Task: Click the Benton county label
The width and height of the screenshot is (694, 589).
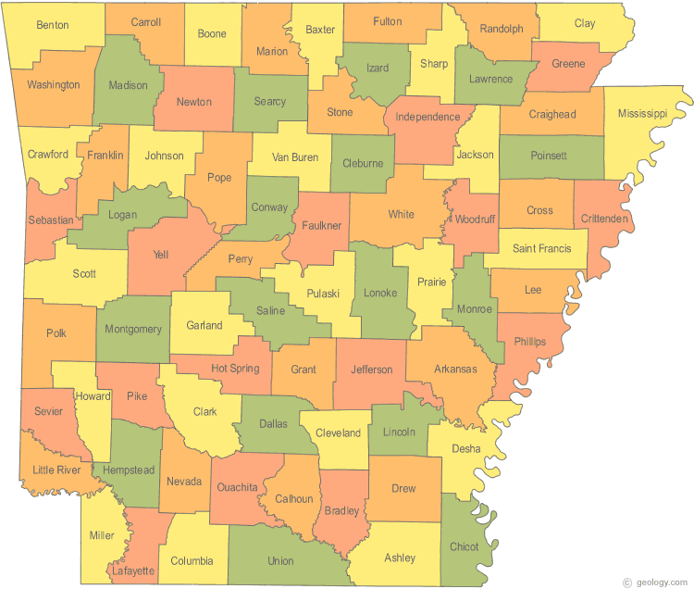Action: [52, 25]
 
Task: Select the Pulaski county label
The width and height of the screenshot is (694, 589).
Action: [323, 294]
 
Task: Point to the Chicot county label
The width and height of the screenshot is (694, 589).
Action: [464, 546]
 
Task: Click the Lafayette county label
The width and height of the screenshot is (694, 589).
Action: [132, 570]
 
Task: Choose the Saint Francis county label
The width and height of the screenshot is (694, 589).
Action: [541, 249]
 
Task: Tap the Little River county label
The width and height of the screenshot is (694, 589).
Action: [56, 470]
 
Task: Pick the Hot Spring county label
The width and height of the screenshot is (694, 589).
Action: [235, 368]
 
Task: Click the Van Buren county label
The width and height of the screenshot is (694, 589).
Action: [295, 157]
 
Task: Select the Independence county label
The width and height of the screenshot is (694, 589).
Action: [428, 117]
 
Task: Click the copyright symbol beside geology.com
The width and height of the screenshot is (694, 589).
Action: [628, 582]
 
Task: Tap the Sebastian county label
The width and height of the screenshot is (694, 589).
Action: [50, 219]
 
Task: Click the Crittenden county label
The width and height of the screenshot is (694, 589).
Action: [605, 219]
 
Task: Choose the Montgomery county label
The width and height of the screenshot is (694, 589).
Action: [133, 329]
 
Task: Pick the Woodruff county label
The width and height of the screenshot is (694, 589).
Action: [477, 219]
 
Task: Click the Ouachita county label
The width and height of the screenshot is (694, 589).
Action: [237, 487]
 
